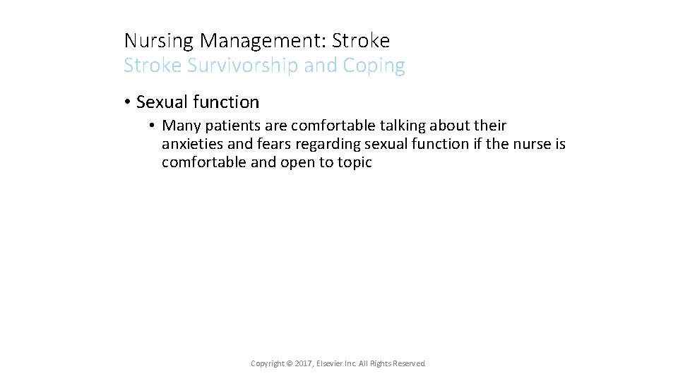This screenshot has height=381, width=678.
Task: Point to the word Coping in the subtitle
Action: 374,66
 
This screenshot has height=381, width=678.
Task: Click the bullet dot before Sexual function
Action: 127,102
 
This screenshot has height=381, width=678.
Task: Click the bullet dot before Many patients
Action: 152,126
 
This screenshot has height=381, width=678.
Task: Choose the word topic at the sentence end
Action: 355,163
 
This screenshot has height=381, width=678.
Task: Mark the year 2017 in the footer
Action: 302,363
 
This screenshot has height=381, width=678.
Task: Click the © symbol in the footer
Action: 290,363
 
